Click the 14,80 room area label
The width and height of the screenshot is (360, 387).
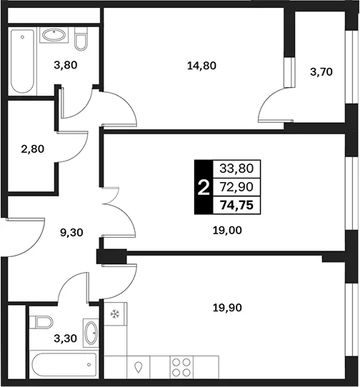coord(201,66)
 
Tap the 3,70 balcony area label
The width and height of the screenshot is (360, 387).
coord(321,72)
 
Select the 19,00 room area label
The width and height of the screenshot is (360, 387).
coord(227,231)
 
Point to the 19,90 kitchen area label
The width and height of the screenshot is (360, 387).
coord(227,308)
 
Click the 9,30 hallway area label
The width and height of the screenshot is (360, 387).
coord(71,233)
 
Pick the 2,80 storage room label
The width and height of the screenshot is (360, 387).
coord(33,149)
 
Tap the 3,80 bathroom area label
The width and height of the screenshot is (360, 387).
coord(66,65)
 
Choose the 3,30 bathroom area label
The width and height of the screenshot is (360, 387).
coord(66,338)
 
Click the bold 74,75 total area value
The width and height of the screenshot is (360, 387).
coord(237,205)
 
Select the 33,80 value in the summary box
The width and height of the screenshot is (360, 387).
coord(236,169)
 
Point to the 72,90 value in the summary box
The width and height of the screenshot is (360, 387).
coord(236,187)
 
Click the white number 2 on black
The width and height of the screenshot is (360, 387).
coord(204,188)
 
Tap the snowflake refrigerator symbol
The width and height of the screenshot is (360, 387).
coord(115,314)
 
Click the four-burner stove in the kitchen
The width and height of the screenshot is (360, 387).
coord(181,368)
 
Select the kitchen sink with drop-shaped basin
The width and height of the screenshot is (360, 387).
coord(139,368)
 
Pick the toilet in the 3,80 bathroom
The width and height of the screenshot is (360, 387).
coord(81,39)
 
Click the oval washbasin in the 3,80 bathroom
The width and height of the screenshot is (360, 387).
coord(54,35)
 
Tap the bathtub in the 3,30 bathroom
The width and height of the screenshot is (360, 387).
coord(64,365)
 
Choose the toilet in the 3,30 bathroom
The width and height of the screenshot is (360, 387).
coord(41,322)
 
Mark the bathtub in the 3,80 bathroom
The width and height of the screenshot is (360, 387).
coord(22,61)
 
